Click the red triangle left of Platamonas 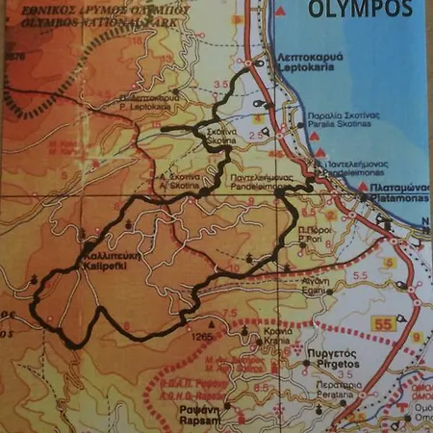click(x=363, y=185)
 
